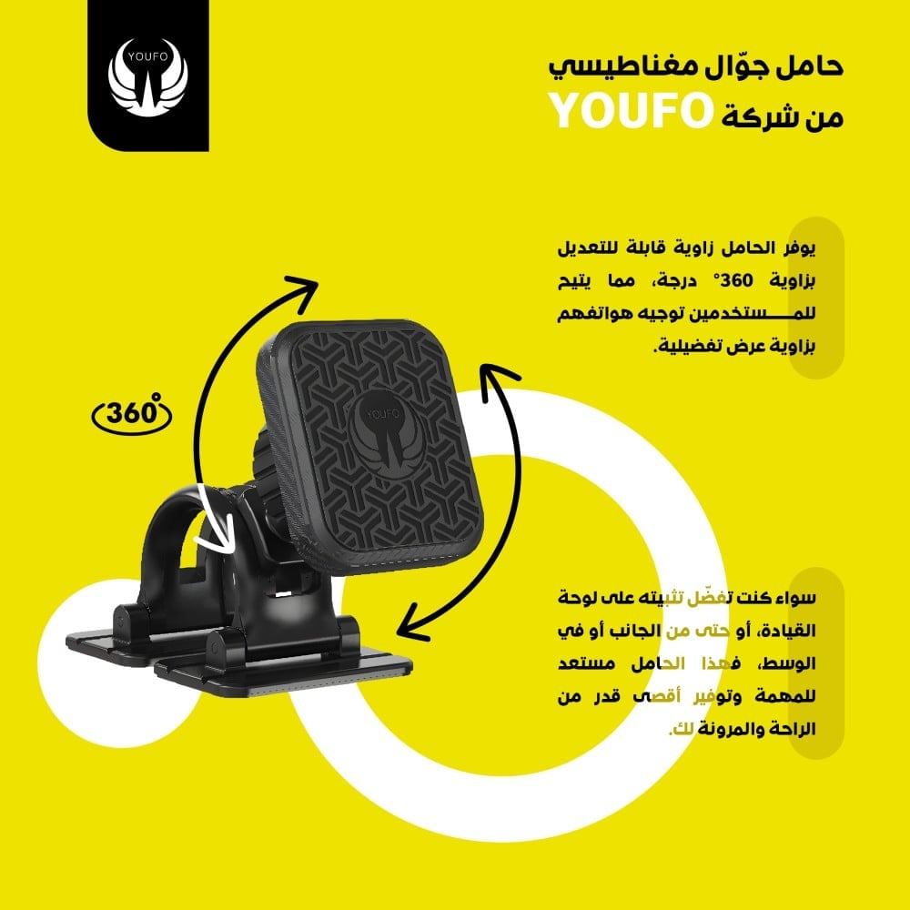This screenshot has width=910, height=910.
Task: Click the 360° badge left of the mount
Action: (133, 414)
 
